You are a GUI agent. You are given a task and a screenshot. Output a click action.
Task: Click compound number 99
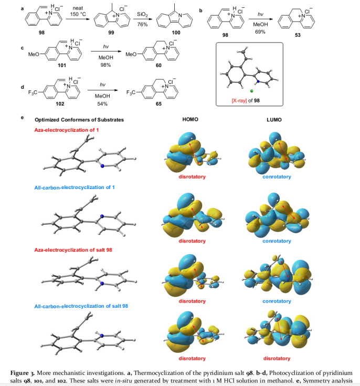[x=110, y=33]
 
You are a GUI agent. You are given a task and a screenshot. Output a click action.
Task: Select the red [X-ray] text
[x=235, y=100]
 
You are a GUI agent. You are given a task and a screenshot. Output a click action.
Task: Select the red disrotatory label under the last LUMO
[x=277, y=359]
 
